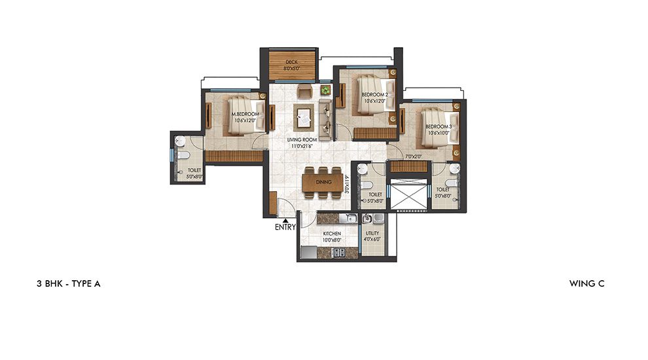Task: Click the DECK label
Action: coord(293,62)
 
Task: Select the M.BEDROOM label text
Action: coord(245,115)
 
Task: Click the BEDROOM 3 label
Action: coord(438,126)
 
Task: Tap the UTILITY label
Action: coord(372,234)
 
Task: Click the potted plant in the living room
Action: coord(325,89)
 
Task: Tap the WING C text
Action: coord(587,283)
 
